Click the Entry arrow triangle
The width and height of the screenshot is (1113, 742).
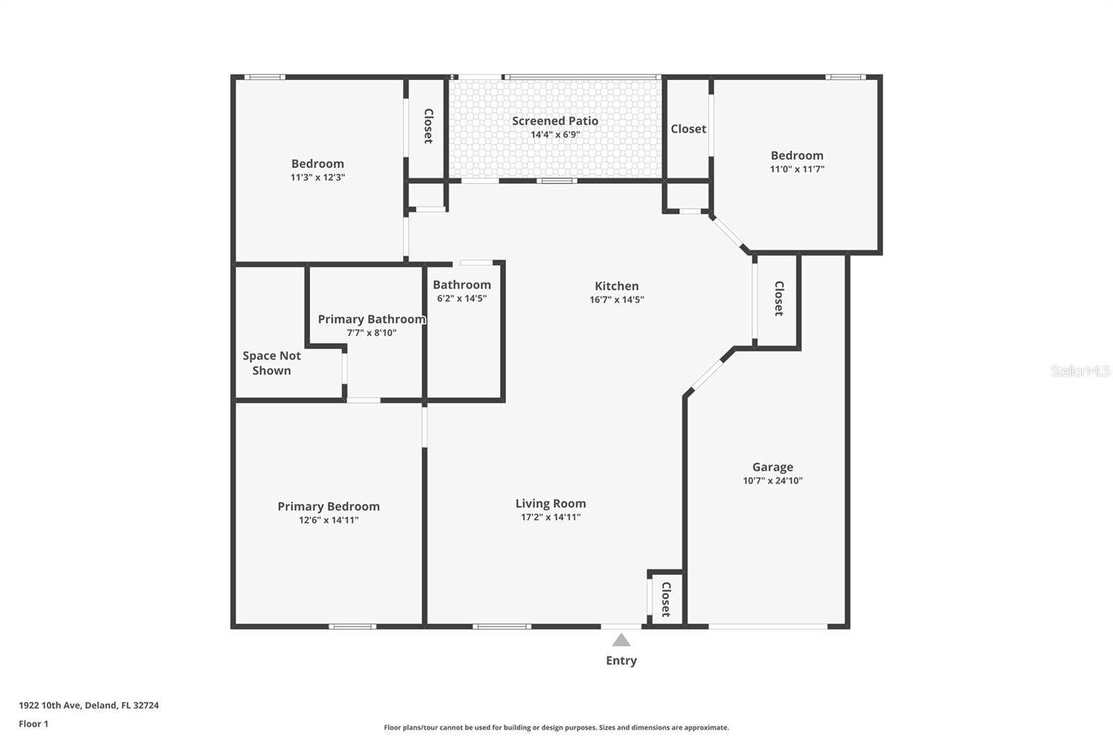(x=621, y=640)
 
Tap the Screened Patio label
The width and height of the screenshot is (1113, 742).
(x=555, y=121)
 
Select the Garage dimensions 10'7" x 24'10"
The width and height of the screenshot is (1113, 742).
(x=772, y=481)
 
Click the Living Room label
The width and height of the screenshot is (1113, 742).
(x=550, y=503)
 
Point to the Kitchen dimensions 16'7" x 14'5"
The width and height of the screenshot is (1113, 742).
(x=616, y=300)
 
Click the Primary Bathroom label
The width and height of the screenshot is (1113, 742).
(x=371, y=319)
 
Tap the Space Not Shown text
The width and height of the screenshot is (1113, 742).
(x=271, y=363)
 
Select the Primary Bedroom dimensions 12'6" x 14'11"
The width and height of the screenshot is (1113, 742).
(x=328, y=520)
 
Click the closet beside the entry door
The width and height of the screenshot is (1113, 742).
(x=666, y=599)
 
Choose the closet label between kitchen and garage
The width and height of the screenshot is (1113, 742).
(x=779, y=299)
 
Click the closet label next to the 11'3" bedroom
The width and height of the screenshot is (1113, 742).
(x=429, y=126)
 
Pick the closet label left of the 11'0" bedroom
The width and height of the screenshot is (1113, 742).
(x=688, y=129)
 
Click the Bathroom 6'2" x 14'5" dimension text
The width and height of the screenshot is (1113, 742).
(x=461, y=299)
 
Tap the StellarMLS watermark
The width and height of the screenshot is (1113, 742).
(x=1080, y=371)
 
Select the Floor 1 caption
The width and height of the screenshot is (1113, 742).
(x=33, y=724)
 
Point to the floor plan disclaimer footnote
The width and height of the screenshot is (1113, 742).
(x=556, y=727)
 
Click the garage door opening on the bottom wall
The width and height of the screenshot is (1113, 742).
(x=768, y=626)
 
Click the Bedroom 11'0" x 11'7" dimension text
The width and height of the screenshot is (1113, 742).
(x=796, y=169)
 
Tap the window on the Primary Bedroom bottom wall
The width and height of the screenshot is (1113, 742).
(x=352, y=626)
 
